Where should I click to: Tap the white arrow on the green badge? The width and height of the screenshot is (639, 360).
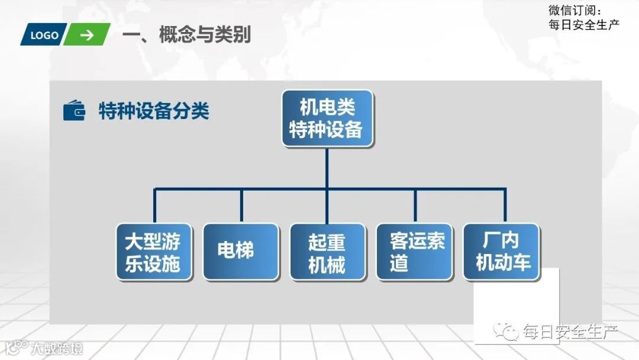87,35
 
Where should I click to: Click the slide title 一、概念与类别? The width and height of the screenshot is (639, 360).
186,35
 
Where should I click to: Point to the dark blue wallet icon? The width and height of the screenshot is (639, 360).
74,111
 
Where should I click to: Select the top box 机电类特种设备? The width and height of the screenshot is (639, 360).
327,118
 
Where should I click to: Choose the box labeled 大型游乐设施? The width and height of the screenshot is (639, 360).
154,252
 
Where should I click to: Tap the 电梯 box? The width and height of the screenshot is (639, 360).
241,252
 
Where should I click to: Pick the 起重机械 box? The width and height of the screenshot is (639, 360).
327,252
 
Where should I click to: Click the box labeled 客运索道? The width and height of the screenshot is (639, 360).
414,252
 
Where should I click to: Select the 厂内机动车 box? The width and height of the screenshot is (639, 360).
501,252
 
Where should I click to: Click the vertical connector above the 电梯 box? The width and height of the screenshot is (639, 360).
241,205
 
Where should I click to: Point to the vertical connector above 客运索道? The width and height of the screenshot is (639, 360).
415,205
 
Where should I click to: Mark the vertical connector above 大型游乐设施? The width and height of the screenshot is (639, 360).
154,205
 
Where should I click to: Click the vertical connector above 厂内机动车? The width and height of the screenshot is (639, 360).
505,205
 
